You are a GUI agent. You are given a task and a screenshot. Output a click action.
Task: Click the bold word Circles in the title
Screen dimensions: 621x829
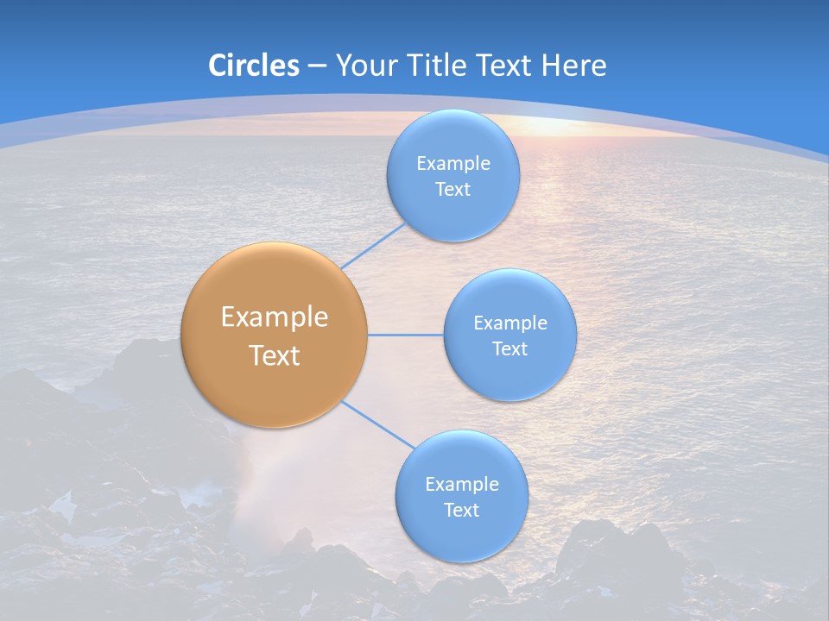click(x=254, y=66)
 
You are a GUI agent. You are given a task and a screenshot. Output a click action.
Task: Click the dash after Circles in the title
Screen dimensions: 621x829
click(x=316, y=66)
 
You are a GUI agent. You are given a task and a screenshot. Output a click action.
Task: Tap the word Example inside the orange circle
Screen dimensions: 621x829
click(x=275, y=317)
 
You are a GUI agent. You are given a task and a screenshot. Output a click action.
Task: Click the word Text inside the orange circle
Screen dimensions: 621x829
click(x=275, y=355)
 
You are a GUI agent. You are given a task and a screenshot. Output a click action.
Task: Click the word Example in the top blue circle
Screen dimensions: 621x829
click(x=453, y=164)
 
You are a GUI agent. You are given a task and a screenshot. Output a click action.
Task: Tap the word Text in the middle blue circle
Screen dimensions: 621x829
click(x=509, y=349)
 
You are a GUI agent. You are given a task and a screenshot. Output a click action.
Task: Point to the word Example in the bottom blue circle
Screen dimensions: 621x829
click(x=462, y=485)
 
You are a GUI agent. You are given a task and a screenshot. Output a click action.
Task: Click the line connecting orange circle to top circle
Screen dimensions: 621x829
click(x=373, y=245)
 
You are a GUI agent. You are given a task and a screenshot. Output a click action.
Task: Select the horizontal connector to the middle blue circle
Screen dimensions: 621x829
click(x=405, y=335)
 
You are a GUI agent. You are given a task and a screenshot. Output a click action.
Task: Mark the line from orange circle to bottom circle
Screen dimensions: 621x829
click(x=377, y=424)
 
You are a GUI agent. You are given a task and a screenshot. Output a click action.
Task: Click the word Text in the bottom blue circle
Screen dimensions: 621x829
click(x=461, y=511)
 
